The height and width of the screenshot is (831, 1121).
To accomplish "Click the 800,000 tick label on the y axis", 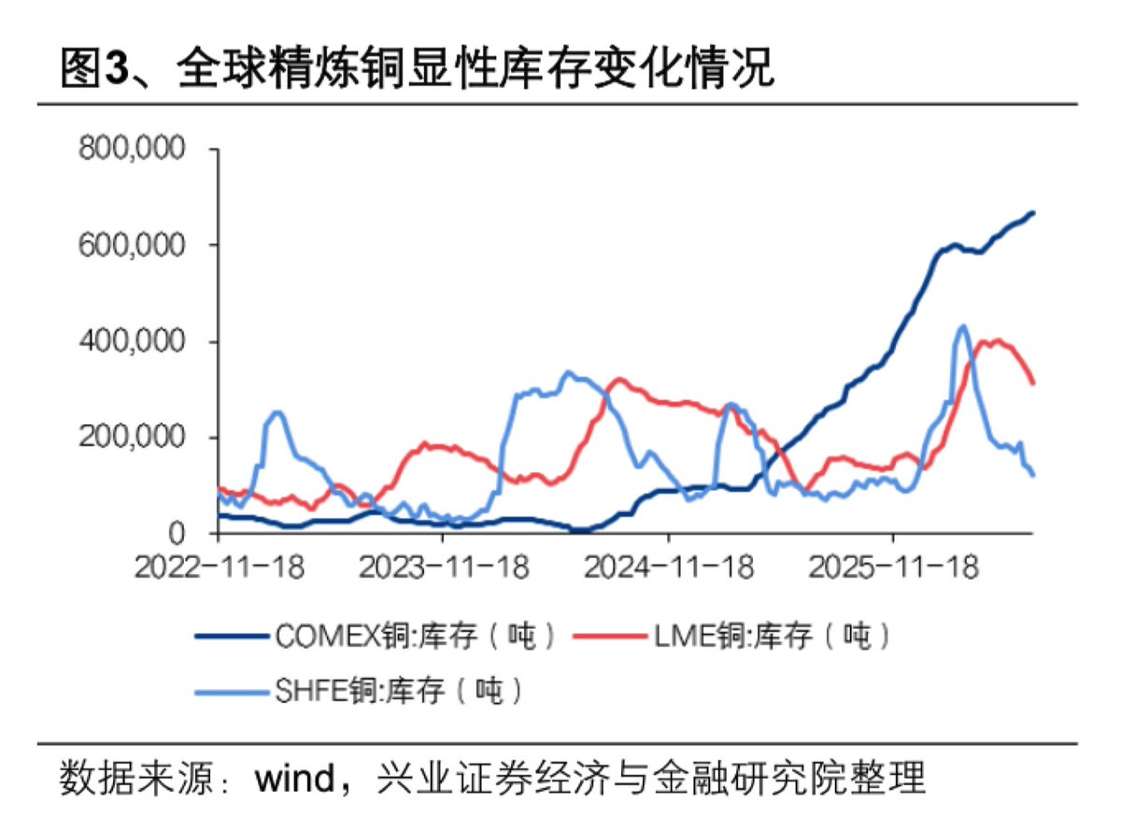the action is [132, 149].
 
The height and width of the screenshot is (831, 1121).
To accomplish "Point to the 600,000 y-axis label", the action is [132, 245].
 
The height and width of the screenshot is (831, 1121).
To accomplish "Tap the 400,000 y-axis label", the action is [132, 341].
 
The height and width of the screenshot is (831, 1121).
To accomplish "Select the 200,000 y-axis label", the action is [132, 437].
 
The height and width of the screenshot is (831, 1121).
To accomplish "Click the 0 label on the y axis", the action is [177, 534].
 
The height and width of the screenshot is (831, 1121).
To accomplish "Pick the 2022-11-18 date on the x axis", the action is [220, 567].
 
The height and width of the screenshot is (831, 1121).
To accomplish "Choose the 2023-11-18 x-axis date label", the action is [444, 567].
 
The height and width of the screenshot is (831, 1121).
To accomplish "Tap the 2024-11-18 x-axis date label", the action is [669, 567].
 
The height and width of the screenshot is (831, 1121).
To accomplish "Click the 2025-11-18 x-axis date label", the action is [894, 567].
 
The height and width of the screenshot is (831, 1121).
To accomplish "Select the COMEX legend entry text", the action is [416, 636].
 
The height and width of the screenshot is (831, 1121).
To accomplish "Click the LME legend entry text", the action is [772, 636].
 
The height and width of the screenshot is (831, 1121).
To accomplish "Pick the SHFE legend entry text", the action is [398, 691].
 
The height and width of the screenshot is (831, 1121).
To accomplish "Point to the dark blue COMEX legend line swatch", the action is [232, 637].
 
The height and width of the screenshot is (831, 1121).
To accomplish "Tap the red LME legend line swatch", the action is [611, 637].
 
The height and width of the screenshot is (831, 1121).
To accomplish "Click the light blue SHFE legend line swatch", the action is [232, 692].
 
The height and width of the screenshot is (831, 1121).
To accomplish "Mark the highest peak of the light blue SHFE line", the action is [963, 326].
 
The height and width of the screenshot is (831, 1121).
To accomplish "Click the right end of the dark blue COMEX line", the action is [1034, 213].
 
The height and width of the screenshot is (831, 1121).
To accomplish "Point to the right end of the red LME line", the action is [1034, 383].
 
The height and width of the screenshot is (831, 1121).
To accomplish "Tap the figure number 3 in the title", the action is [116, 67].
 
